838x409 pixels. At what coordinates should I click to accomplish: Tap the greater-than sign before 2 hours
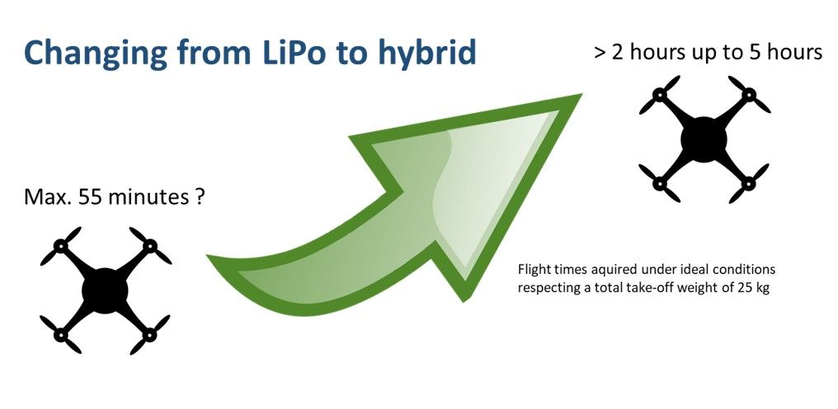tap(600, 53)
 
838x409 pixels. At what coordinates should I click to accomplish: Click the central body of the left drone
tap(105, 289)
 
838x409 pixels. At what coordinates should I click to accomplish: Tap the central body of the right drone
tap(704, 138)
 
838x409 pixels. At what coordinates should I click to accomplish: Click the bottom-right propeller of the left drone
tap(151, 334)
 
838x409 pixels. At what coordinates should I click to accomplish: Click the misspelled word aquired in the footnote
tap(615, 270)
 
